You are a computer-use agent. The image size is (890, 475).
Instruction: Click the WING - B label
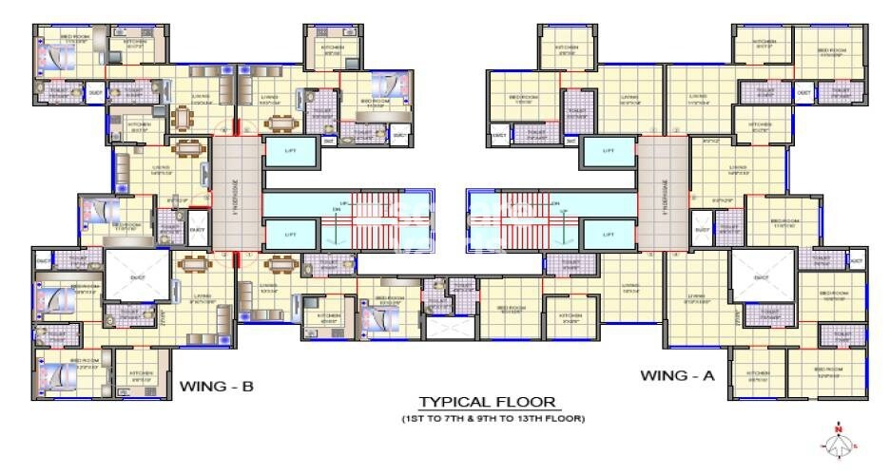(216, 386)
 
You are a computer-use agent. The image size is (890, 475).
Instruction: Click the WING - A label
(677, 375)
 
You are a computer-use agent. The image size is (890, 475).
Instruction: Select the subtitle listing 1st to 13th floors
(492, 418)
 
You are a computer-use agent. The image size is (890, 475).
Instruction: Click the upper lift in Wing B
(291, 152)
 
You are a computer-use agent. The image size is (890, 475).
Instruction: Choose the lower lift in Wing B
(291, 233)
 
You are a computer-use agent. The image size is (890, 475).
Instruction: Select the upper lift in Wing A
(609, 152)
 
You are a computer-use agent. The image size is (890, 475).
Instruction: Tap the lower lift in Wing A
(609, 233)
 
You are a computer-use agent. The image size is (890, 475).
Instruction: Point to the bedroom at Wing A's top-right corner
(829, 51)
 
